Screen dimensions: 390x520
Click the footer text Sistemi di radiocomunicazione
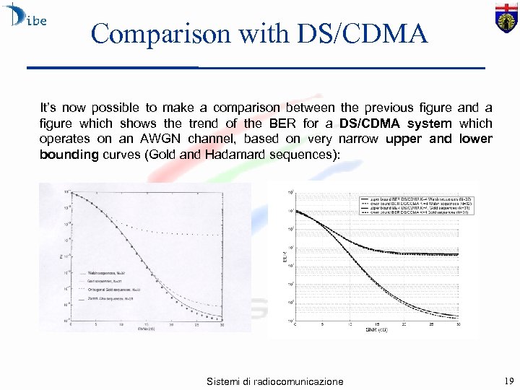point(275,381)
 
